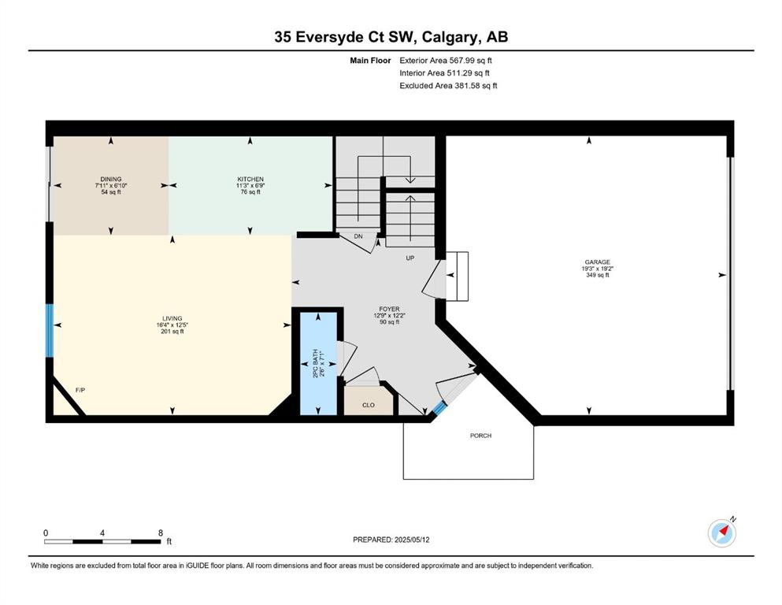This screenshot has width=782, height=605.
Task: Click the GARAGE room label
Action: (x=598, y=262)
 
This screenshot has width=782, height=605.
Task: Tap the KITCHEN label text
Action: (x=250, y=179)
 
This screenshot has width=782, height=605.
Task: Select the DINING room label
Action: (x=111, y=179)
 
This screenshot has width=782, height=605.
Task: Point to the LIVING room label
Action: (x=172, y=318)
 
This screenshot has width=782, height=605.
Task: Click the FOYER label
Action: (x=389, y=310)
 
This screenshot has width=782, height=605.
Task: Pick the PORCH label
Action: (x=480, y=436)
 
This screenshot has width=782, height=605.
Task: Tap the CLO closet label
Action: (x=369, y=405)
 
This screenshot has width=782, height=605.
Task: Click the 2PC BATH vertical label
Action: (x=315, y=363)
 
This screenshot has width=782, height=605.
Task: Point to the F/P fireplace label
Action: (x=80, y=389)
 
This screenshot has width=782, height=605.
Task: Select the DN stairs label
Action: (x=358, y=236)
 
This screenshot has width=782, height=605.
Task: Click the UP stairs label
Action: (x=410, y=258)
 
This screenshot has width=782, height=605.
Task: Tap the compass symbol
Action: (x=722, y=533)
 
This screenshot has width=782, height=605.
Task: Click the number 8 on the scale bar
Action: (x=161, y=533)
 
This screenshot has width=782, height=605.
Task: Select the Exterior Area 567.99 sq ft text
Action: (x=446, y=61)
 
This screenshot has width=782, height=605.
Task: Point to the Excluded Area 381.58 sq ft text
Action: (x=448, y=85)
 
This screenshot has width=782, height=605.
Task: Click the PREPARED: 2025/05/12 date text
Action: (x=391, y=540)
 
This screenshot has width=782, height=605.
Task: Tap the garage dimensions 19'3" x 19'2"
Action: (x=598, y=269)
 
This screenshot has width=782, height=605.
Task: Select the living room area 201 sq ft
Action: (x=172, y=331)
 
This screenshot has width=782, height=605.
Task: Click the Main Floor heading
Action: (x=370, y=61)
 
